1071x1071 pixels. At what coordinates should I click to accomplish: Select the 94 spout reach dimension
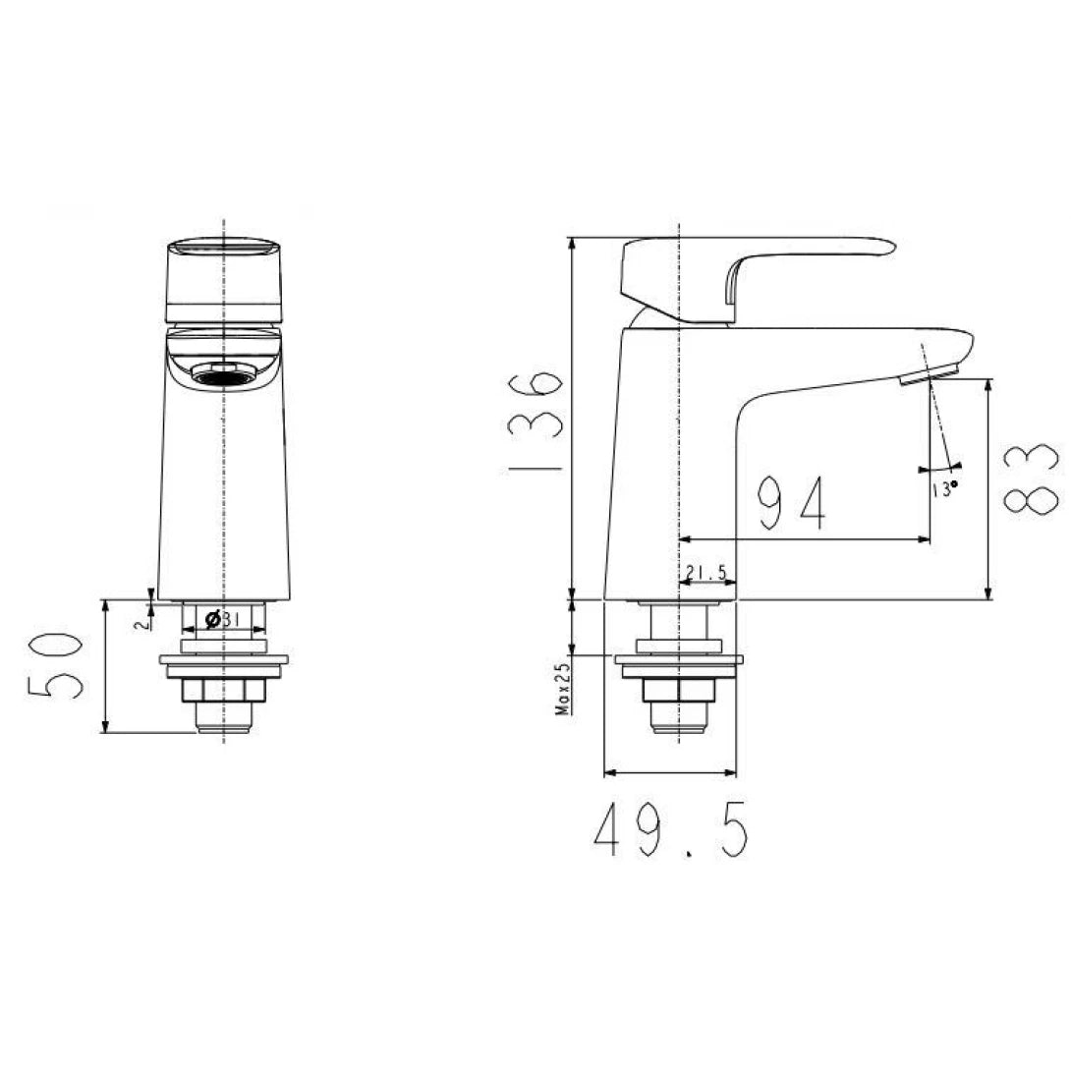click(x=793, y=501)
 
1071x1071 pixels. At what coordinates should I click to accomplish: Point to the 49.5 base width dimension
click(x=671, y=830)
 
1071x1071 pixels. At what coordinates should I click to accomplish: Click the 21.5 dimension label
click(x=705, y=572)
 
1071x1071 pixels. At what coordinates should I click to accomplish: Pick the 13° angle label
click(x=943, y=487)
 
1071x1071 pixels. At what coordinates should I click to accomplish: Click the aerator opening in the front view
click(x=226, y=374)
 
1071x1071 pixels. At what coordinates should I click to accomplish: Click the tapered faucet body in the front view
click(x=225, y=491)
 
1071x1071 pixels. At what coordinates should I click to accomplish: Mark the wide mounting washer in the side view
click(x=678, y=664)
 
